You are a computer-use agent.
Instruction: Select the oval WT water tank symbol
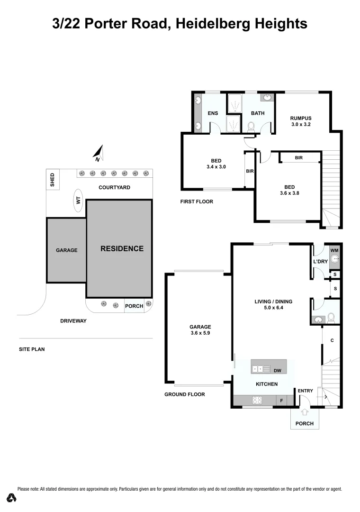[x=79, y=201]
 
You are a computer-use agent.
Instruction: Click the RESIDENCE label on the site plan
[x=122, y=248]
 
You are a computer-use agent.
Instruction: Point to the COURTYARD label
[x=114, y=187]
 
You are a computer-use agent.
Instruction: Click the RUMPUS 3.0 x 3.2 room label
[x=301, y=121]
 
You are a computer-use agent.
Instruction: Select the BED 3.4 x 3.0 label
[x=216, y=163]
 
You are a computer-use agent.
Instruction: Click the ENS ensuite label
[x=213, y=113]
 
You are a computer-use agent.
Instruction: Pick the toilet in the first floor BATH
[x=252, y=126]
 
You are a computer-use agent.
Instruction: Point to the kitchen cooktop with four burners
[x=257, y=400]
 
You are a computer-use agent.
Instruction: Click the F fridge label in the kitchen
[x=282, y=401]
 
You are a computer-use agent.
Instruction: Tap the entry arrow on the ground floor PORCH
[x=304, y=413]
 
